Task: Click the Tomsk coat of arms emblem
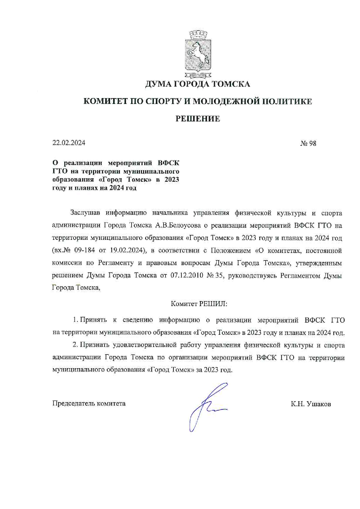coord(198,54)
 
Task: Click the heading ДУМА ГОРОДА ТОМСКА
coord(197,84)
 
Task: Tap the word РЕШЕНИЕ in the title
coord(197,119)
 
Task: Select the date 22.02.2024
coord(69,143)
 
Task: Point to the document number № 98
coord(308,143)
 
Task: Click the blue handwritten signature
coord(208,407)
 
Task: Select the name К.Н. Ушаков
coord(311,404)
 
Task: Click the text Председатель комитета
coord(89,404)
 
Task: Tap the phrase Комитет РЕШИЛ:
coord(199,304)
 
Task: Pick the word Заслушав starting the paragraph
coord(85,213)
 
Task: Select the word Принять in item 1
coord(93,320)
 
